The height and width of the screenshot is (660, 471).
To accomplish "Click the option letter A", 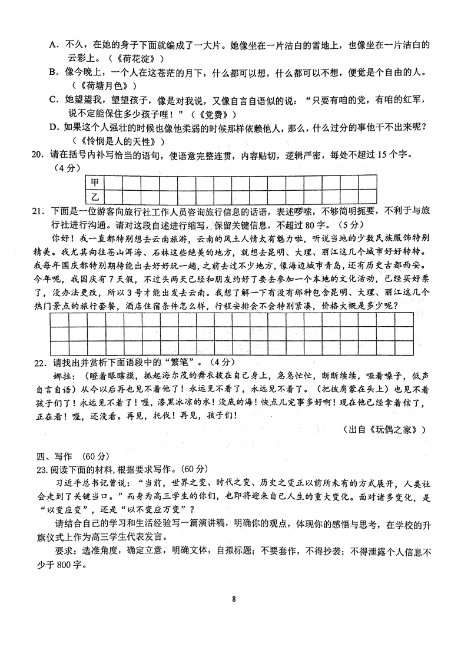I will click(52, 44).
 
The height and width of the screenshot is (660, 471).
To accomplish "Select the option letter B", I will click(52, 72).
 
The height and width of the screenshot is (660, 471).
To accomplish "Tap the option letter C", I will click(52, 100).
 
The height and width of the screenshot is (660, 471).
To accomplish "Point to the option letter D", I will click(52, 127).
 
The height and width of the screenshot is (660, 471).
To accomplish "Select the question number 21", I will click(38, 211).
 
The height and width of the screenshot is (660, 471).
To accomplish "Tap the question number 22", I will click(38, 361).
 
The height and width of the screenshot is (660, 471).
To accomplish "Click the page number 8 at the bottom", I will click(234, 599).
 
